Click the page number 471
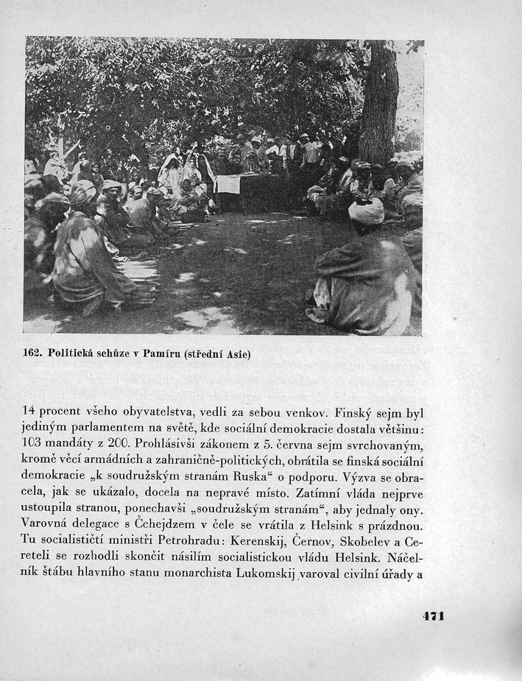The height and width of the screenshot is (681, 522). coord(433,615)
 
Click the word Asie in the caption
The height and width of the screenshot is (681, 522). coord(236,353)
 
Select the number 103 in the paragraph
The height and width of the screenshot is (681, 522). coord(35,445)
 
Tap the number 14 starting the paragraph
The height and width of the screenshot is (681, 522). coord(31,412)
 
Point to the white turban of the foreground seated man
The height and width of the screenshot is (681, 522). coord(366,211)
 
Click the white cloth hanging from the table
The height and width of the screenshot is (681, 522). coord(228,184)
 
